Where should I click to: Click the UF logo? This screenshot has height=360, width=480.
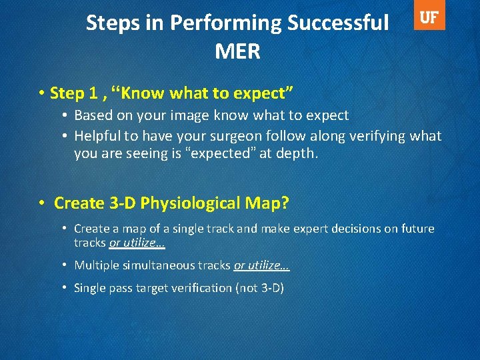(x=429, y=18)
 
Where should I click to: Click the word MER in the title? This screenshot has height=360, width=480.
(x=237, y=52)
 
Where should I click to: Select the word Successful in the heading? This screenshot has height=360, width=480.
(x=338, y=23)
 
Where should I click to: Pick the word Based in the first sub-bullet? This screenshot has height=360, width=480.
(x=93, y=115)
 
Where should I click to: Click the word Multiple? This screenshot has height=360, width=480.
(x=96, y=265)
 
